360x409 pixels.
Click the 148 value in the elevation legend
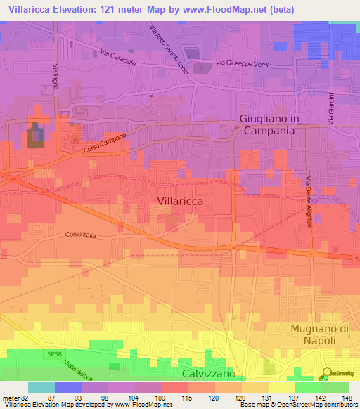point(347,397)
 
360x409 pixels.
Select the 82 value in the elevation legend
point(24,397)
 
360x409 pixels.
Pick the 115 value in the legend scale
point(187,397)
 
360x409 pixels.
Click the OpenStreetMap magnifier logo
point(326,373)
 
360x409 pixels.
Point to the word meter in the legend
point(10,397)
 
